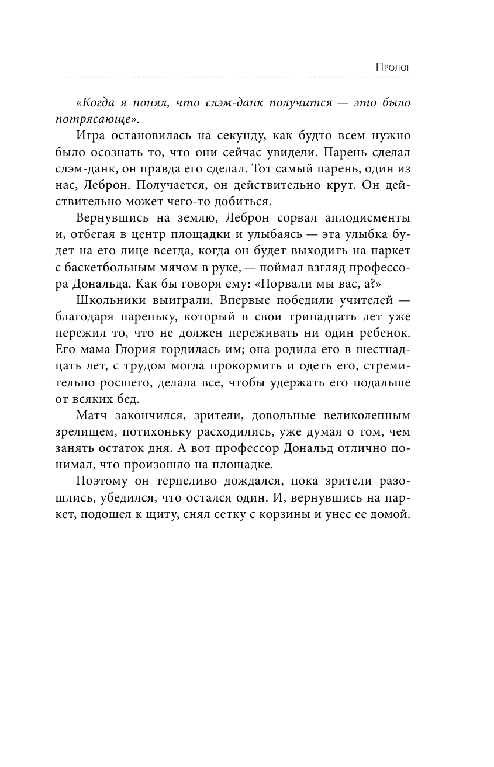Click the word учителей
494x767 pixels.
(x=365, y=300)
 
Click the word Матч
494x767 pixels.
(x=92, y=416)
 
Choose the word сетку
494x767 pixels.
(x=237, y=514)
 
